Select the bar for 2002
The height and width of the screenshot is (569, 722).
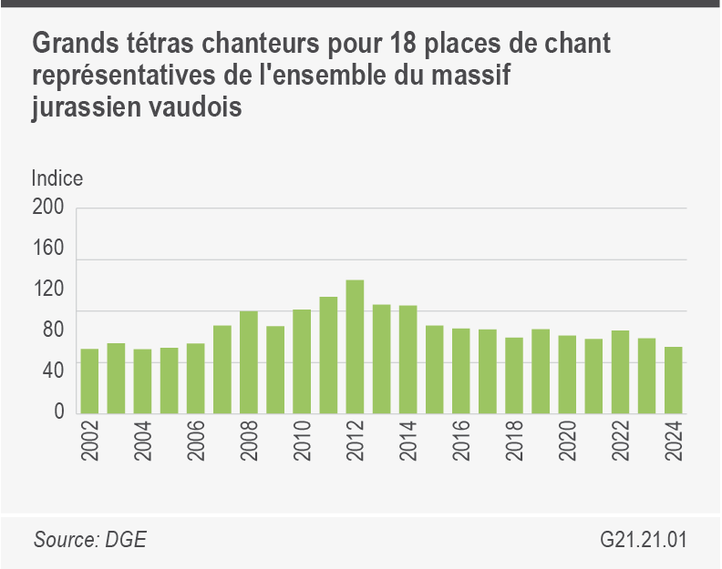(89, 381)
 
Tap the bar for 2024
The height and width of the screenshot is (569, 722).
(674, 380)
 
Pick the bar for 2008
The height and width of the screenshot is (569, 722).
(249, 361)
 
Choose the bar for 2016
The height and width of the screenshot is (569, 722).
(461, 370)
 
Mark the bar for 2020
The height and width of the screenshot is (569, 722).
(568, 373)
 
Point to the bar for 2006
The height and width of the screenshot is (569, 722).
(196, 378)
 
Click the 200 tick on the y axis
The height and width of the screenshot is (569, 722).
(48, 208)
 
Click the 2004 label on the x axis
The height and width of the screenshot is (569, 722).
(143, 442)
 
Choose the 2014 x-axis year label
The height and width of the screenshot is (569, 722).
(408, 442)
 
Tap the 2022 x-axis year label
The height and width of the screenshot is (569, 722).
(621, 442)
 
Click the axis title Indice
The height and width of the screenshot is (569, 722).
(57, 178)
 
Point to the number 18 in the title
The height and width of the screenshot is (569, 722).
(401, 44)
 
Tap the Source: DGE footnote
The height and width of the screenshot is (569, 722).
(90, 540)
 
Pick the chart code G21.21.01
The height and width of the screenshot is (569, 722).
(644, 540)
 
